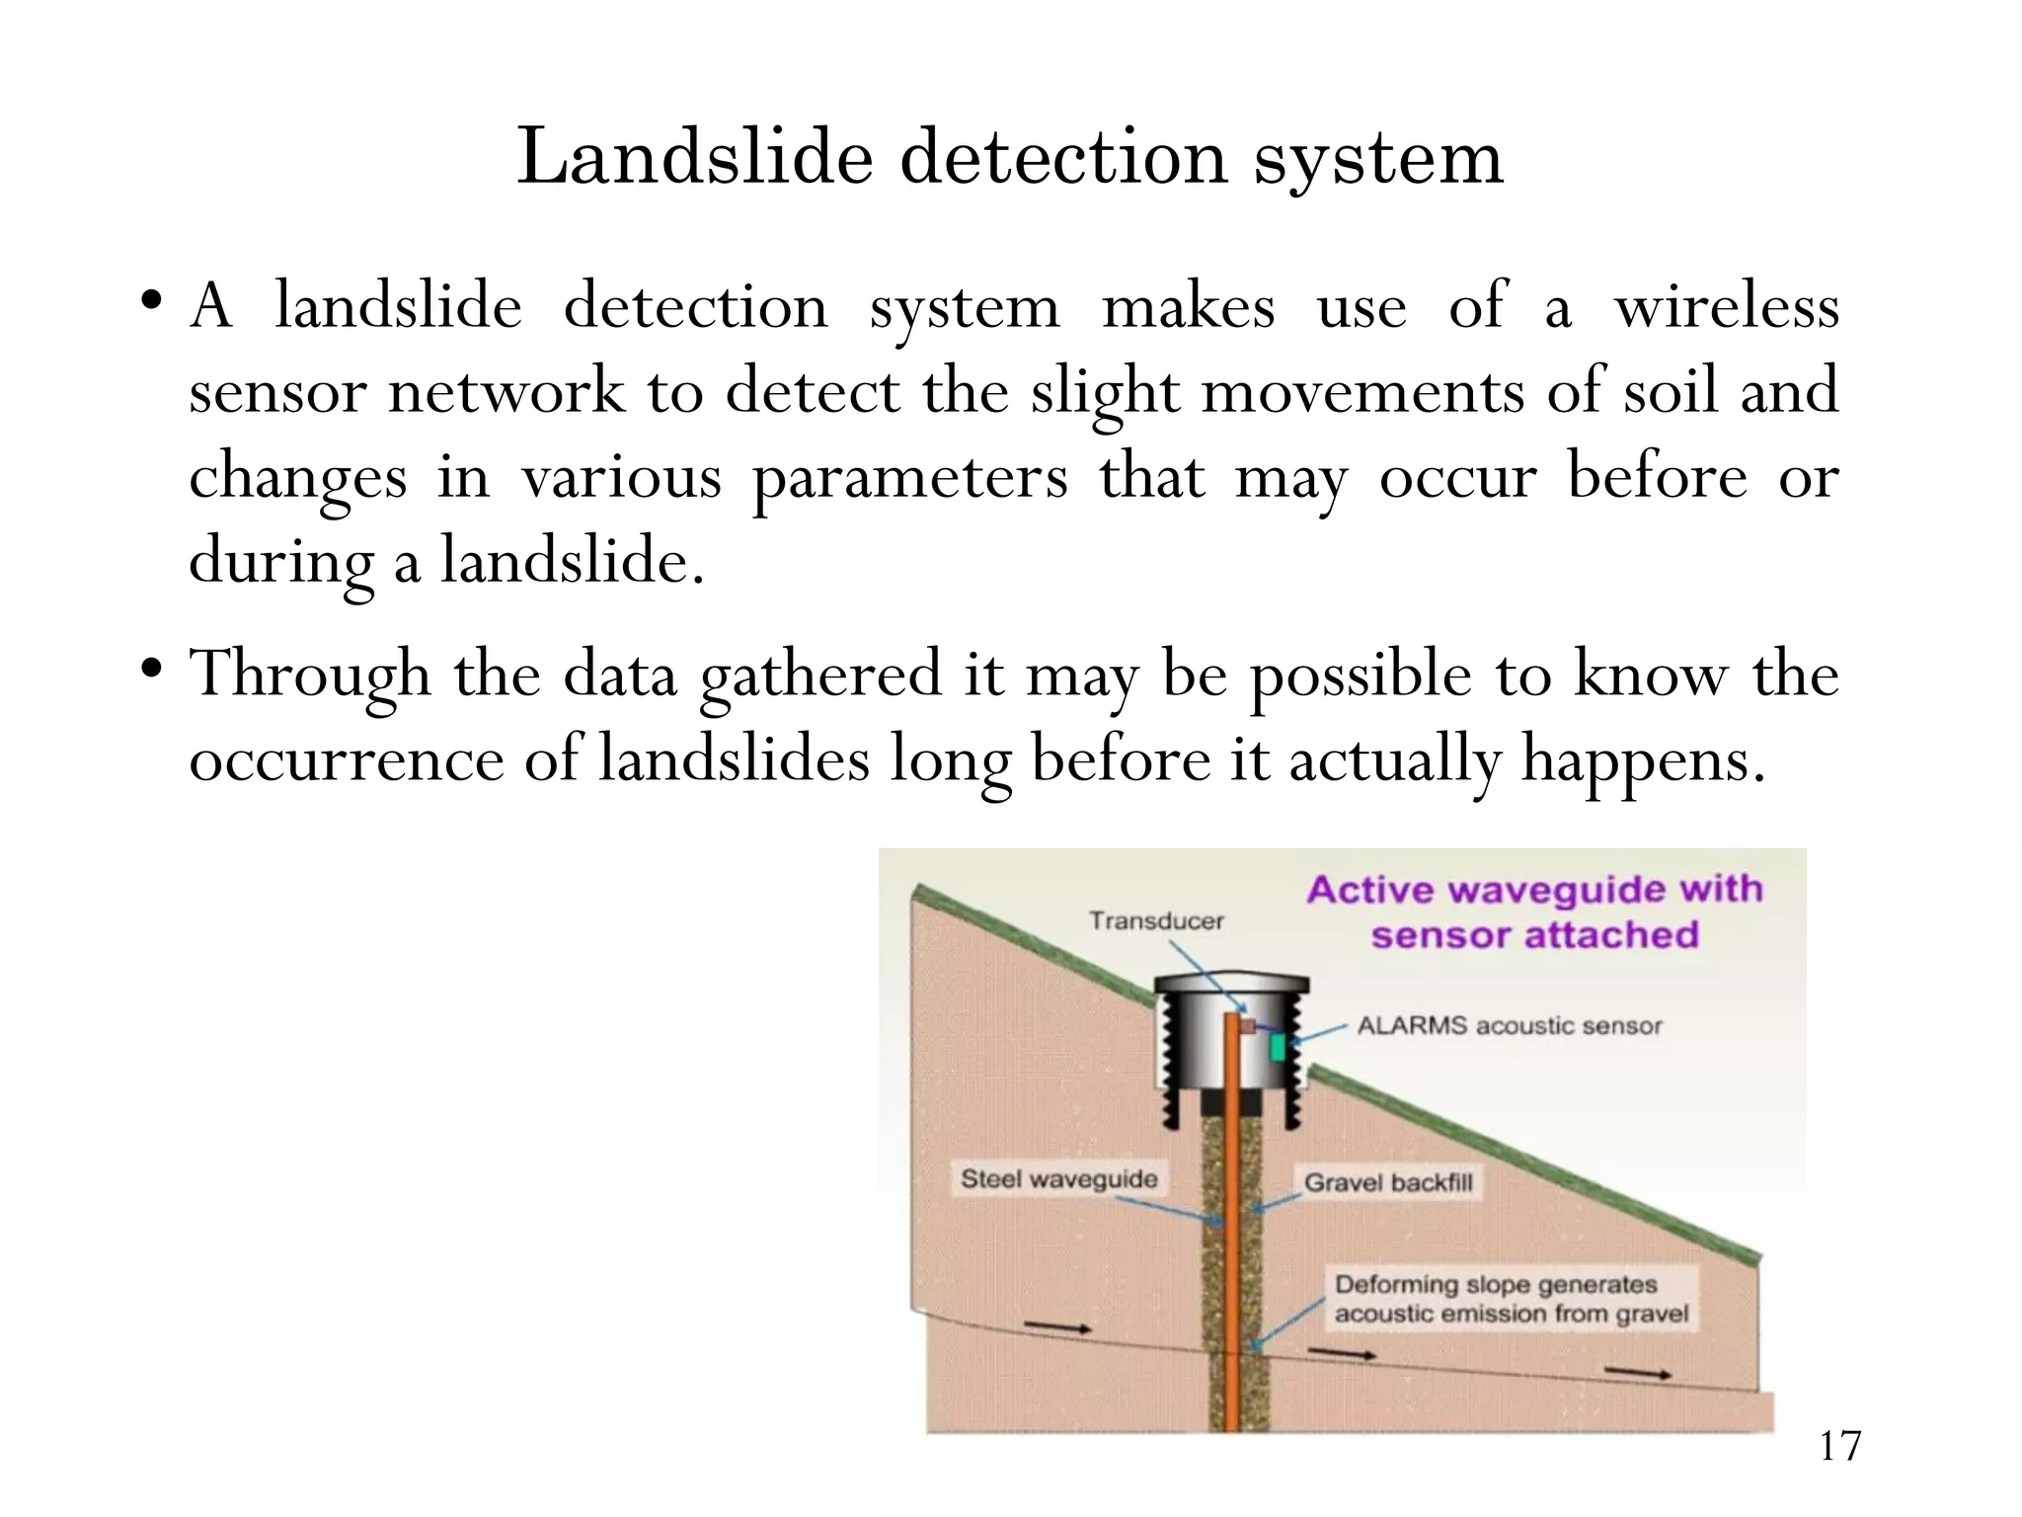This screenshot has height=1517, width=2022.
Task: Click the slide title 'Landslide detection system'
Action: (x=1010, y=158)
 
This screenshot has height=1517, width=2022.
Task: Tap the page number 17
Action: (x=1839, y=1446)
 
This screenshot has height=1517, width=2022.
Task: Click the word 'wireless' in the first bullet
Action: (x=1726, y=306)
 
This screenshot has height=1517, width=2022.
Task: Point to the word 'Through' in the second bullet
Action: (x=310, y=676)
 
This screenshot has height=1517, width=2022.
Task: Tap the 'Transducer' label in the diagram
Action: (x=1156, y=920)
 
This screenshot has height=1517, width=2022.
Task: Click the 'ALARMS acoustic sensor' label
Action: (x=1509, y=1026)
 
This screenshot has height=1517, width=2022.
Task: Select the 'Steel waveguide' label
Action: (x=1058, y=1179)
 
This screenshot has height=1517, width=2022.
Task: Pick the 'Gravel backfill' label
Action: (x=1388, y=1182)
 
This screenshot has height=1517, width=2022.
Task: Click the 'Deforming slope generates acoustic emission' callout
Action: (x=1511, y=1299)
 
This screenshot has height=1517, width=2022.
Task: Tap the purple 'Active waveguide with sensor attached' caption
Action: (x=1534, y=912)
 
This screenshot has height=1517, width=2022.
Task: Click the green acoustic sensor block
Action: (x=1278, y=1047)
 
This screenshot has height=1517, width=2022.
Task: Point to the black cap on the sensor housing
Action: (x=1232, y=984)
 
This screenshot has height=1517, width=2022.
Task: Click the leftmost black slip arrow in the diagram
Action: (x=1057, y=1326)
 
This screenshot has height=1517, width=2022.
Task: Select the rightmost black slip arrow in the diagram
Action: (x=1638, y=1372)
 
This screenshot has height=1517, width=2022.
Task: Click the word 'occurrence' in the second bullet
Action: (x=347, y=760)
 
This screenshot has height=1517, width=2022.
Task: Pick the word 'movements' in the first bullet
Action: (x=1361, y=391)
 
